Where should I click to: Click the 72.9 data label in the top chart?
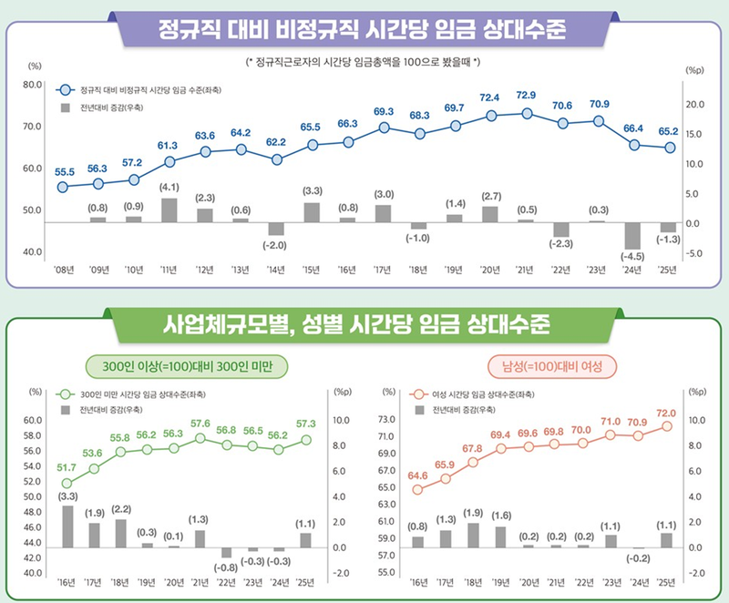526,96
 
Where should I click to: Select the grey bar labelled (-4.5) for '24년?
633,235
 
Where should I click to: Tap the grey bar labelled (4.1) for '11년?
169,210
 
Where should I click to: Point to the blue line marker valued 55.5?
63,188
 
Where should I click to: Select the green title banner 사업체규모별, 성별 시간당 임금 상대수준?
364,323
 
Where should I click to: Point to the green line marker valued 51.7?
67,484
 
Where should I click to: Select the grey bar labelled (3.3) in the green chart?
67,526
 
